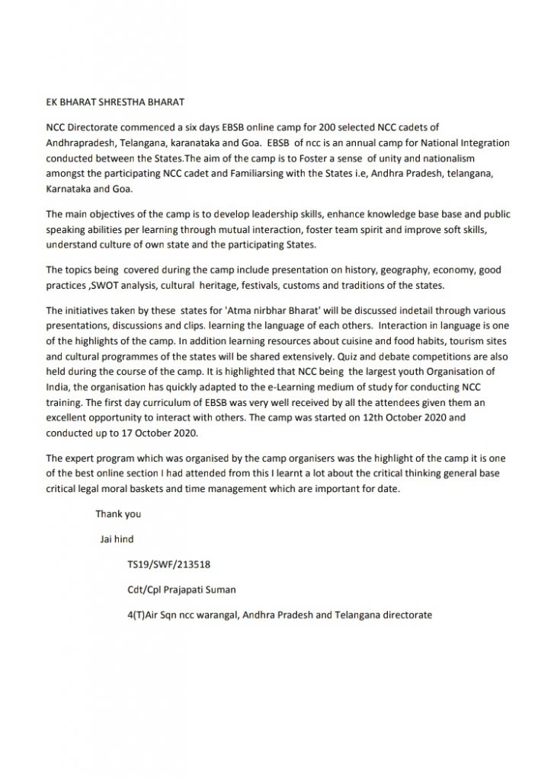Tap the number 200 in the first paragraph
pos(313,127)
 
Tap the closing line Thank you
pos(118,514)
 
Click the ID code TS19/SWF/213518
pos(169,565)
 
